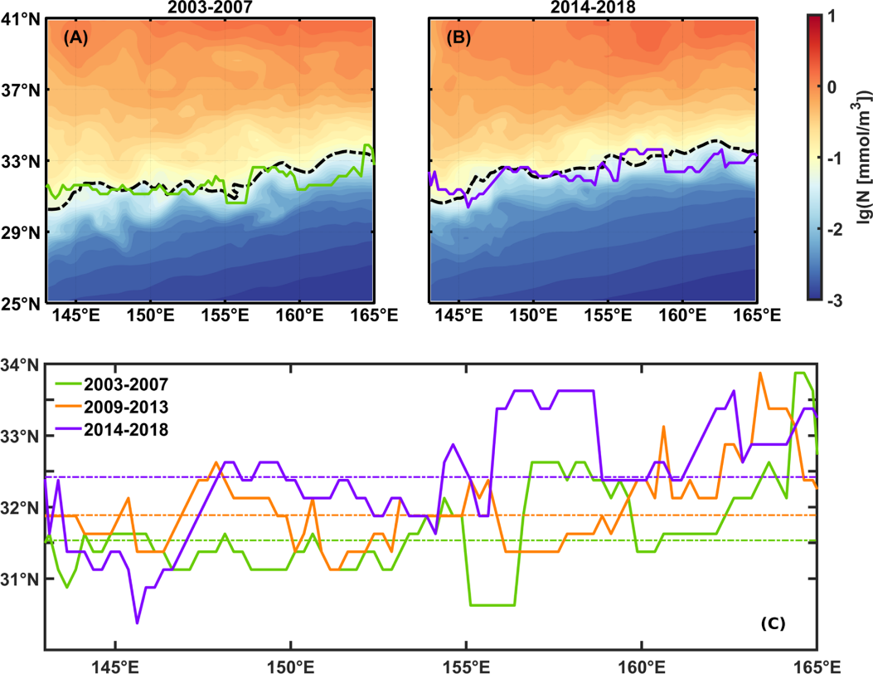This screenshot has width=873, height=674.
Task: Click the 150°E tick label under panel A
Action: tap(150, 315)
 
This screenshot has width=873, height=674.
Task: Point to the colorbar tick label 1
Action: tap(841, 17)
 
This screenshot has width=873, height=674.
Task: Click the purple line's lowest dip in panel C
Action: tap(137, 623)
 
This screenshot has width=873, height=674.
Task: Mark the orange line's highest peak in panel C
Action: tap(760, 374)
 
